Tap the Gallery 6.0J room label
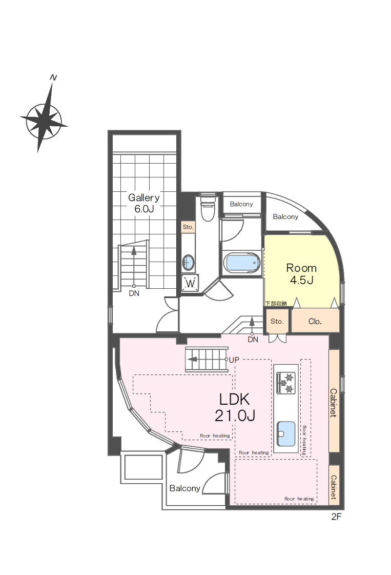pyautogui.click(x=143, y=203)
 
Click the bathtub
pyautogui.click(x=242, y=263)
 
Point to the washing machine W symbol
pyautogui.click(x=190, y=283)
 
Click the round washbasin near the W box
pyautogui.click(x=189, y=262)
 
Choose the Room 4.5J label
pyautogui.click(x=301, y=274)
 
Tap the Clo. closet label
pyautogui.click(x=315, y=322)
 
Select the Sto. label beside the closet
pyautogui.click(x=277, y=321)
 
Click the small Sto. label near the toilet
pyautogui.click(x=188, y=227)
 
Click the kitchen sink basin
pyautogui.click(x=286, y=434)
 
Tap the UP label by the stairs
pyautogui.click(x=234, y=360)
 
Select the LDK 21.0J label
pyautogui.click(x=235, y=407)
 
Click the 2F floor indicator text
pyautogui.click(x=336, y=517)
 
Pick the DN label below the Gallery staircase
pyautogui.click(x=134, y=293)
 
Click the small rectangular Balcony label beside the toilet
pyautogui.click(x=241, y=204)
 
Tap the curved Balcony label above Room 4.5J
pyautogui.click(x=285, y=217)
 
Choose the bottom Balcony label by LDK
pyautogui.click(x=184, y=488)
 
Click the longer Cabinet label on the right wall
pyautogui.click(x=334, y=403)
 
